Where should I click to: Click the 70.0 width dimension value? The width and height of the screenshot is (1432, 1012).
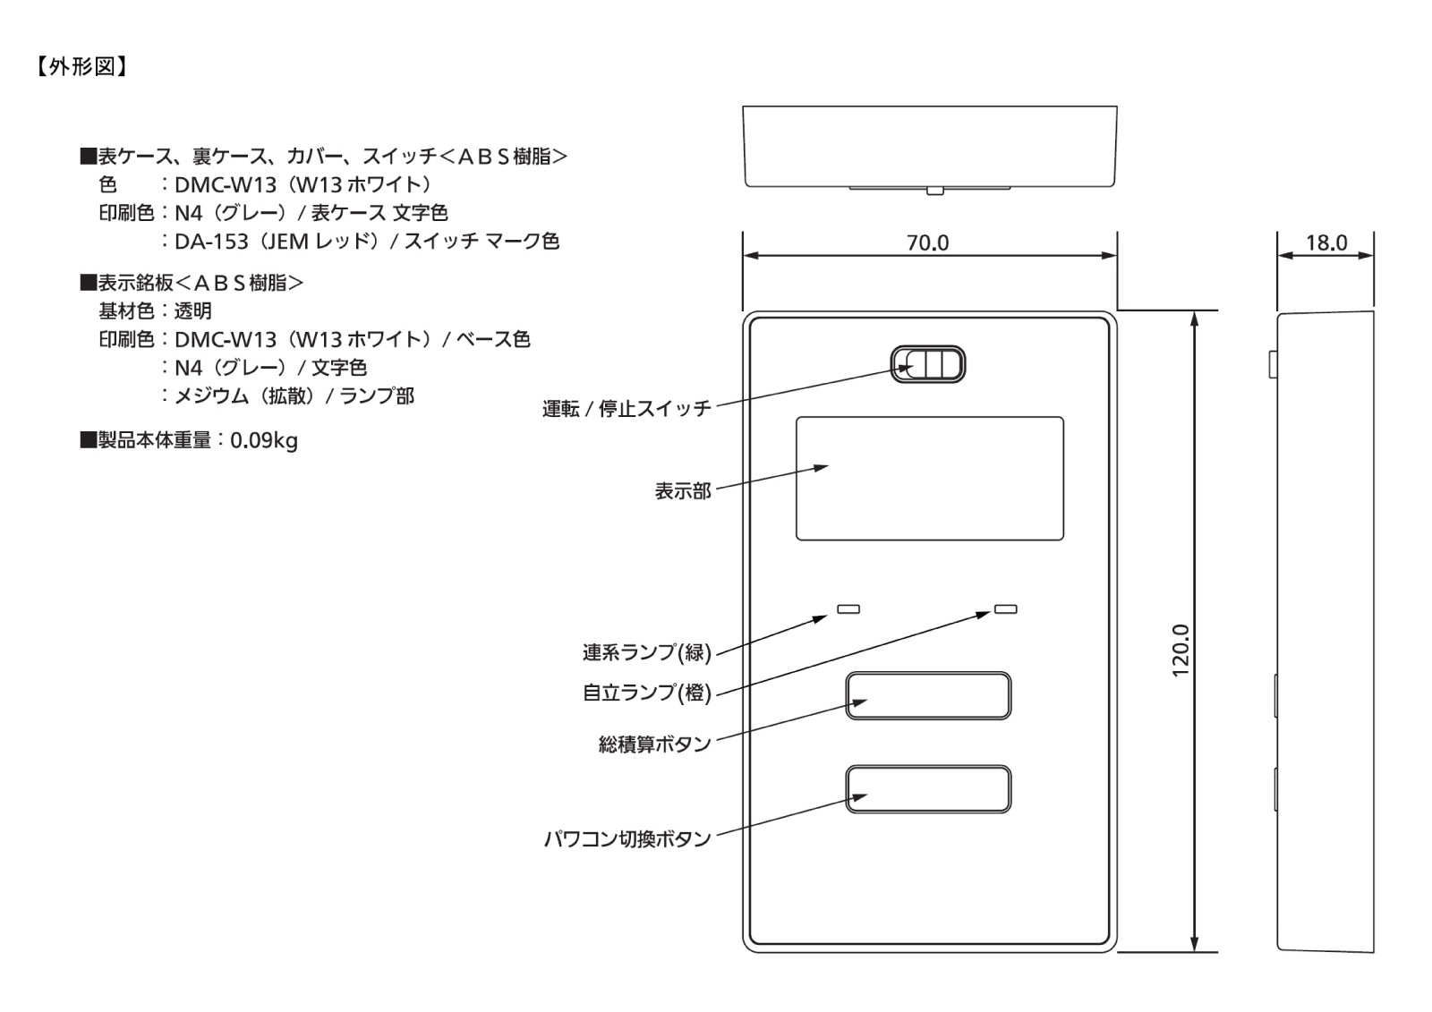click(x=927, y=242)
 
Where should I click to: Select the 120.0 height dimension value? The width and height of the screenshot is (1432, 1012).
click(x=1181, y=651)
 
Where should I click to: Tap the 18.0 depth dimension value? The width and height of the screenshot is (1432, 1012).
click(x=1326, y=242)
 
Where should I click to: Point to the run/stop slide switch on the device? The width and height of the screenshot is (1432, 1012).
click(x=927, y=364)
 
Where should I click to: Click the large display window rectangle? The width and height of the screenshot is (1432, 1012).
click(x=930, y=479)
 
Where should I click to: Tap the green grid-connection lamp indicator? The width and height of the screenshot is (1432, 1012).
click(x=848, y=609)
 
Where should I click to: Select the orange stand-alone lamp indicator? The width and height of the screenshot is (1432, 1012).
click(x=1006, y=609)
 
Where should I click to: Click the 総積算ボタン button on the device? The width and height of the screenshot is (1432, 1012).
click(x=928, y=695)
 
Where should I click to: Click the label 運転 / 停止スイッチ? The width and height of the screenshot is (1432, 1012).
click(x=626, y=409)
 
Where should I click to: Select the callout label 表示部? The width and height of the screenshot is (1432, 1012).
click(x=683, y=491)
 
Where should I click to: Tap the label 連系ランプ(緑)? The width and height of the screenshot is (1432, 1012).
click(x=647, y=652)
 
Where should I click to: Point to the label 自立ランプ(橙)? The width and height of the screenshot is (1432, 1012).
click(x=647, y=693)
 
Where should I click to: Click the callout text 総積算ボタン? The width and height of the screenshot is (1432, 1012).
click(x=654, y=744)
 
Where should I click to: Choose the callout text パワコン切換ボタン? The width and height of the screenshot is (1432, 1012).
click(x=627, y=838)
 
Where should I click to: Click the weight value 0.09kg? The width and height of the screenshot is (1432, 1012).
click(x=264, y=440)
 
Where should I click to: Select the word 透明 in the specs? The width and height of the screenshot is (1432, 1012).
click(x=193, y=311)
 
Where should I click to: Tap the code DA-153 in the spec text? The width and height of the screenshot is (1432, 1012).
click(x=211, y=241)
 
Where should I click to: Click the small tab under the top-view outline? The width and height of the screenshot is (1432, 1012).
click(x=934, y=191)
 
